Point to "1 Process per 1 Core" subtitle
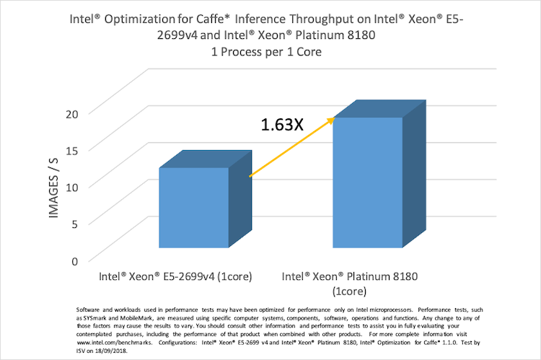point(270,53)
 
